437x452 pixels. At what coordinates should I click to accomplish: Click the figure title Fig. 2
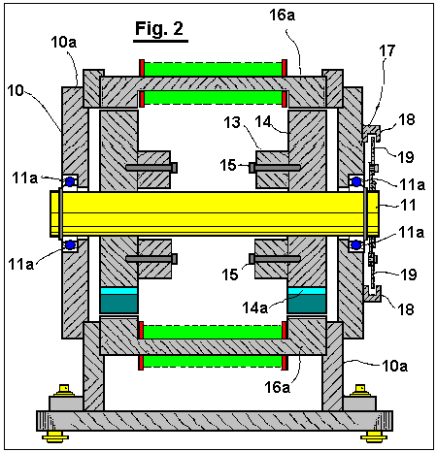(159, 28)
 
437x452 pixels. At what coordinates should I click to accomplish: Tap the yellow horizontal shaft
(215, 213)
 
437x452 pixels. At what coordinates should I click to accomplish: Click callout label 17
(387, 50)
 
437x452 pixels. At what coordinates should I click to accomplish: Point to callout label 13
(232, 122)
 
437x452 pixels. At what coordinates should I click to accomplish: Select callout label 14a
(255, 307)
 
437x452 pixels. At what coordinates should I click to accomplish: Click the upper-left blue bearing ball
(70, 182)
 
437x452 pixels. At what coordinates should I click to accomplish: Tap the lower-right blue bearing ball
(356, 245)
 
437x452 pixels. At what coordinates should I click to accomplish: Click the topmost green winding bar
(213, 69)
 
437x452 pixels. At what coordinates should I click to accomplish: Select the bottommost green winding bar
(213, 362)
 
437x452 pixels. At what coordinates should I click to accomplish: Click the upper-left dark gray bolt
(151, 168)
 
